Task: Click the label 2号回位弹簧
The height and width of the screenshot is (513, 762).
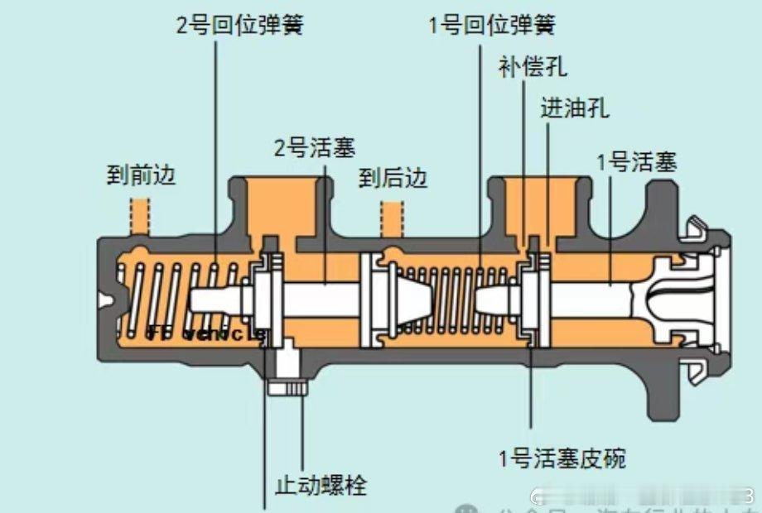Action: click(239, 24)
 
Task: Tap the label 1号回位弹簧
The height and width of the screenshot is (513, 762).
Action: click(491, 24)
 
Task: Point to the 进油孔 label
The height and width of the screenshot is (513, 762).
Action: click(575, 108)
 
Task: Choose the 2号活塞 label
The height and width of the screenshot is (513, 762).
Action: click(315, 148)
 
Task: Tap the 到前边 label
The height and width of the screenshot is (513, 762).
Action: click(142, 175)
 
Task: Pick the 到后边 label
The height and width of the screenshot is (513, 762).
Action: click(393, 177)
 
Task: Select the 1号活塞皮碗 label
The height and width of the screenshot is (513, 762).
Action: click(562, 457)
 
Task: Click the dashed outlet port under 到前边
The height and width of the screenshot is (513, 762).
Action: click(138, 217)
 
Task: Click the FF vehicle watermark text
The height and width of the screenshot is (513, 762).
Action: click(207, 334)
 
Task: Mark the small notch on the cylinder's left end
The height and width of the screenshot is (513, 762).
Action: click(102, 300)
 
